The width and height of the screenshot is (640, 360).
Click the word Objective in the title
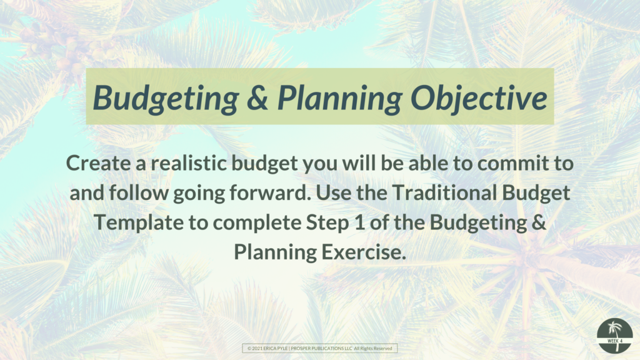(478, 98)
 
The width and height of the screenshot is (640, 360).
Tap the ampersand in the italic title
(257, 98)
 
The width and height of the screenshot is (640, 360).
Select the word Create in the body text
(98, 163)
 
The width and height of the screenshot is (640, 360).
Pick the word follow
(139, 192)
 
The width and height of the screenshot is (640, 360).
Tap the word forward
(270, 192)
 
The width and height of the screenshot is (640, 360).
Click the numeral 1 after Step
(359, 222)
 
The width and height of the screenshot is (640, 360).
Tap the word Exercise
(364, 252)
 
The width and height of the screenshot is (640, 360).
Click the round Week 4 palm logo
(615, 336)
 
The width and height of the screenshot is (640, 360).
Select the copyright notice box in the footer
(319, 348)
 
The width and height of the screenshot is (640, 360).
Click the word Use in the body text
(334, 192)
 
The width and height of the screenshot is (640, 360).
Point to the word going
(199, 193)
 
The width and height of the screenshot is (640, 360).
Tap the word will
(359, 163)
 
